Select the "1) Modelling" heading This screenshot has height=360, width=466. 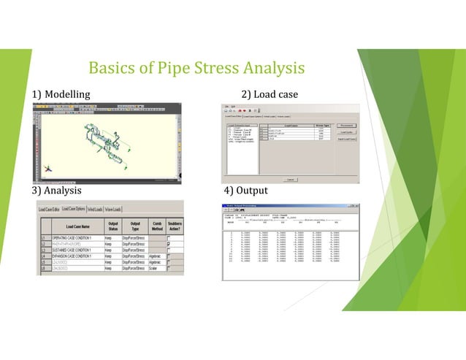coord(61,94)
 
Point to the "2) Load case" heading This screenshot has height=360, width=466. coord(270,94)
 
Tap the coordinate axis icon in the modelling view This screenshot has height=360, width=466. coord(47,167)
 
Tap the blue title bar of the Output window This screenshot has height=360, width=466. coord(289,207)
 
